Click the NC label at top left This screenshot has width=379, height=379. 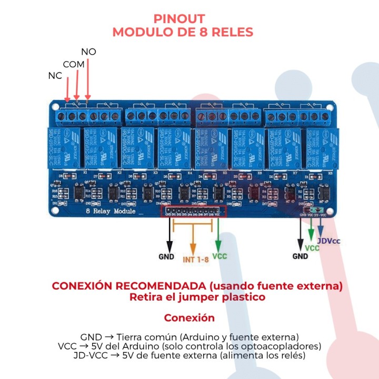coord(55,76)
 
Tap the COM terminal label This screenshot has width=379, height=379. coord(73,64)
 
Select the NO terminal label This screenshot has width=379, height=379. coord(88,52)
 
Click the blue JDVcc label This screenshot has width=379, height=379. coord(328,241)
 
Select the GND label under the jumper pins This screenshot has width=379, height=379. coord(300,256)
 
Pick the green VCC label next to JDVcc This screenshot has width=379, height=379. coord(312,248)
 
